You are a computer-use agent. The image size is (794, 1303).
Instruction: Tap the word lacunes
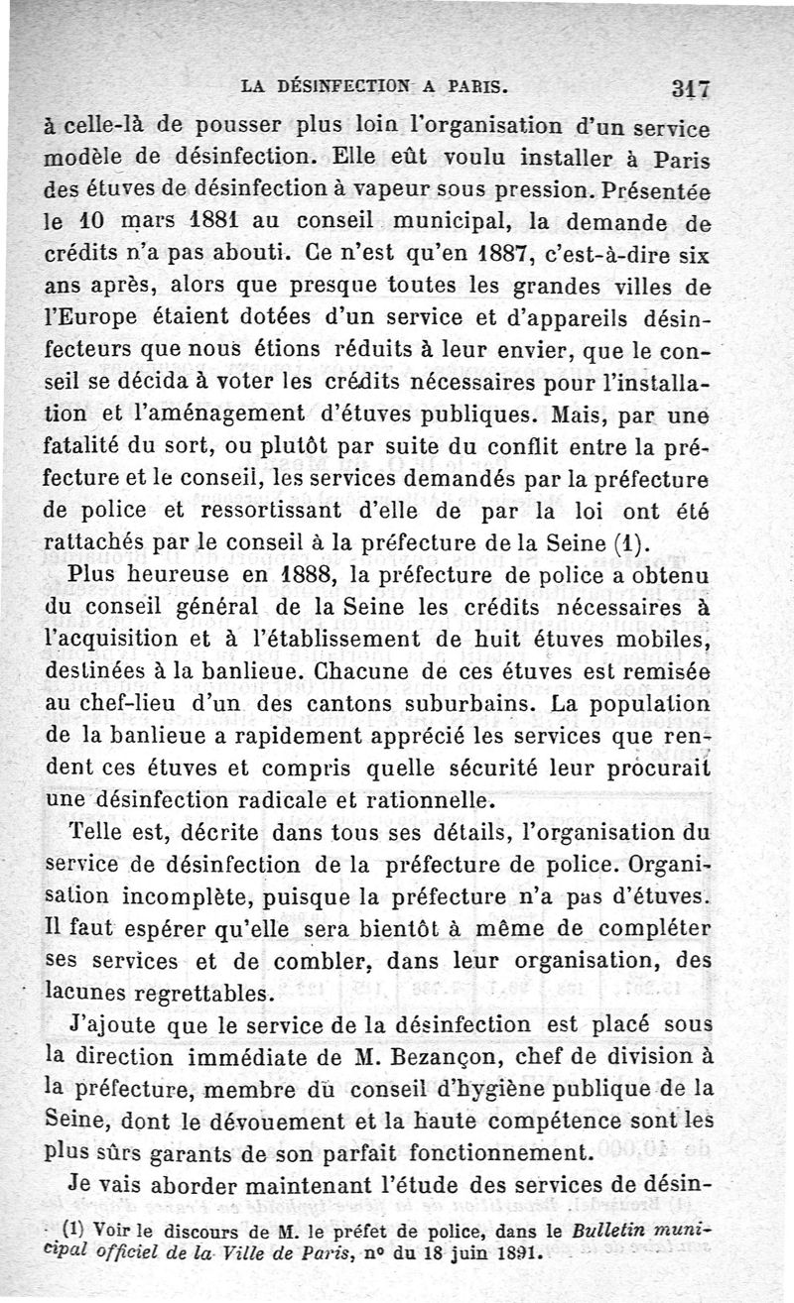(x=94, y=994)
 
